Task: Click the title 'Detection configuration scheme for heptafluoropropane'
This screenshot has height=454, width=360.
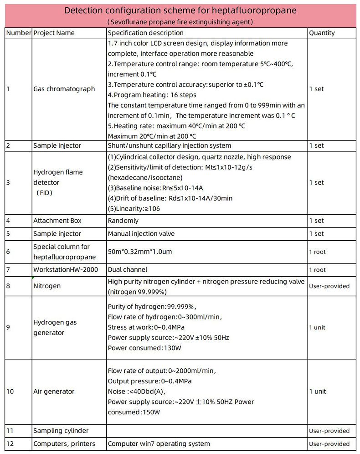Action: [180, 10]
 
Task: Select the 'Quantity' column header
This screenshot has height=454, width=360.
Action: [322, 33]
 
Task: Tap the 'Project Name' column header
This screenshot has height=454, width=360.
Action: [54, 33]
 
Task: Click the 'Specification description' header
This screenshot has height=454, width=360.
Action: [146, 33]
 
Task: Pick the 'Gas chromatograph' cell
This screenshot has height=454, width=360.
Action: [64, 89]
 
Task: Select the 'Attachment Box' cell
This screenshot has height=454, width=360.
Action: [57, 221]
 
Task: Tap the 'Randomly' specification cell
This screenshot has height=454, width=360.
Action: [123, 221]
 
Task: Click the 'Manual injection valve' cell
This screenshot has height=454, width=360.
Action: [141, 234]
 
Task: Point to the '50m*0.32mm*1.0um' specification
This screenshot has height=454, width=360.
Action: [140, 252]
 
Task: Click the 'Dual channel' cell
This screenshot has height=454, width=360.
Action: [128, 269]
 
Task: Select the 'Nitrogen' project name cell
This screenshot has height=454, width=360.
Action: [47, 286]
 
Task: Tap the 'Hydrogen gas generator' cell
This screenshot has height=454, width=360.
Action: [55, 327]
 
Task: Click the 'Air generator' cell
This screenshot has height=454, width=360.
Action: [54, 392]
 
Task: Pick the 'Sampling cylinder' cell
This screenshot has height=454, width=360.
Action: [61, 431]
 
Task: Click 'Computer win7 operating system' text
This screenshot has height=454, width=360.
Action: [159, 444]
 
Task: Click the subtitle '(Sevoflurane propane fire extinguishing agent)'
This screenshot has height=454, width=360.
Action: [180, 21]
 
